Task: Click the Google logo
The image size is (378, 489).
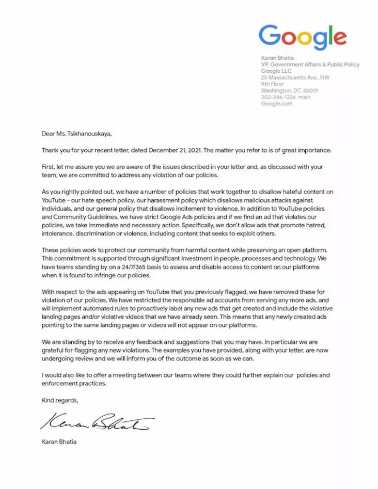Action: pos(303,37)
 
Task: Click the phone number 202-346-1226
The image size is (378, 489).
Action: pos(279,97)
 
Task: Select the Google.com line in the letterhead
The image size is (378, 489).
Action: pos(277,103)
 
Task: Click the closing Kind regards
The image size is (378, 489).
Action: pos(59,400)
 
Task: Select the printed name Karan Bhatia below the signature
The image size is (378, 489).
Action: pos(59,442)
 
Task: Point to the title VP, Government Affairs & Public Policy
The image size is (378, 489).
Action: pos(310,65)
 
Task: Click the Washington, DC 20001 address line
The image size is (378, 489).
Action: pos(290,90)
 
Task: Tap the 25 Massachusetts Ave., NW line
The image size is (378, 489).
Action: pos(295,77)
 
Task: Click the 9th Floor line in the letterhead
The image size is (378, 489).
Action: pos(273,84)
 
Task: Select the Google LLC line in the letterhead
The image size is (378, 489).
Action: pos(276,71)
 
